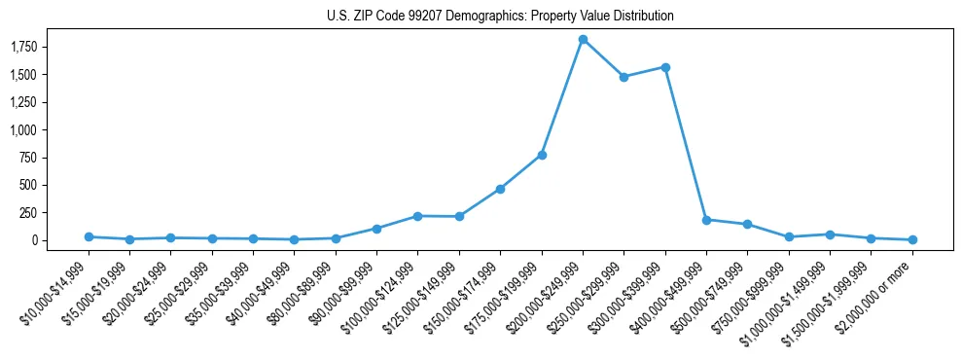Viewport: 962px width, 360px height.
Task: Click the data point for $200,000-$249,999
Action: [583, 39]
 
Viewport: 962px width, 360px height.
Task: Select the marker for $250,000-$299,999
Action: [624, 77]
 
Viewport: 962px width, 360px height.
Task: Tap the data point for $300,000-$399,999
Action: [665, 67]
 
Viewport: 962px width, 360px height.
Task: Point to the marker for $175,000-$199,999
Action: [542, 155]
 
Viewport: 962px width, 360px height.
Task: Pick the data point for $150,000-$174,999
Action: [500, 189]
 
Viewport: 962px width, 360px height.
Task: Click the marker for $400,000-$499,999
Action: [706, 220]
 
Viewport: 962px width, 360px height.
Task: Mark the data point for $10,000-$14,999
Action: [89, 236]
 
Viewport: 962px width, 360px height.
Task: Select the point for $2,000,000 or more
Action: [912, 239]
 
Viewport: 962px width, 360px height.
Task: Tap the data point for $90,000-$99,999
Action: [376, 229]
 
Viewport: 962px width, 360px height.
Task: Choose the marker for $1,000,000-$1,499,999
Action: [830, 234]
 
